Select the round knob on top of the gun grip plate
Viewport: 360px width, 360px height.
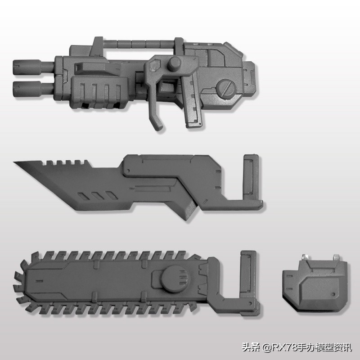pos(174,63)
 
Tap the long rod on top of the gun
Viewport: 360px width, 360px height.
pos(139,44)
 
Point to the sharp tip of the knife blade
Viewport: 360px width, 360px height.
pos(14,162)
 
